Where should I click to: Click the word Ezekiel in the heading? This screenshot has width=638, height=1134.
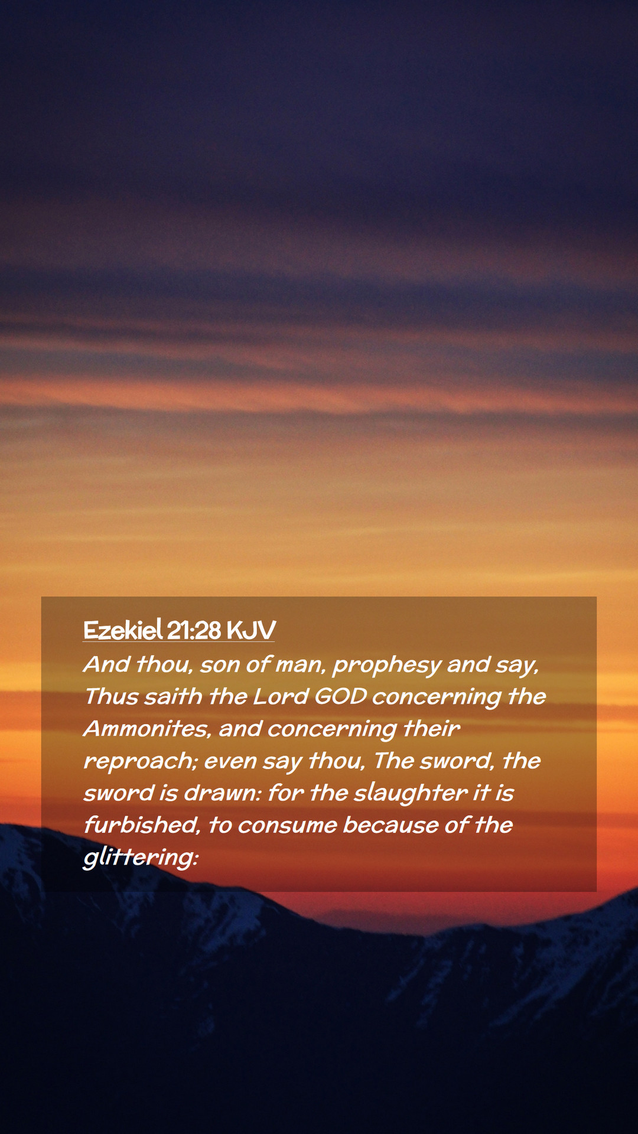(123, 630)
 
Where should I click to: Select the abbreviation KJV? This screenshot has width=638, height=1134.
(250, 631)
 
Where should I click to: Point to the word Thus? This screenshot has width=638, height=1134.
(112, 696)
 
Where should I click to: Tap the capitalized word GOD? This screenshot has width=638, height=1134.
(341, 696)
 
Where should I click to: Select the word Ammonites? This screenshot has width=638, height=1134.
(148, 729)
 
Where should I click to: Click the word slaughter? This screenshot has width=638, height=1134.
(411, 794)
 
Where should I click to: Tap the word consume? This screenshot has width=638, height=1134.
(287, 826)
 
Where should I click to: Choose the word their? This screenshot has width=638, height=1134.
(431, 729)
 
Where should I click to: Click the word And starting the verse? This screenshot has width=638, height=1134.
(107, 664)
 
